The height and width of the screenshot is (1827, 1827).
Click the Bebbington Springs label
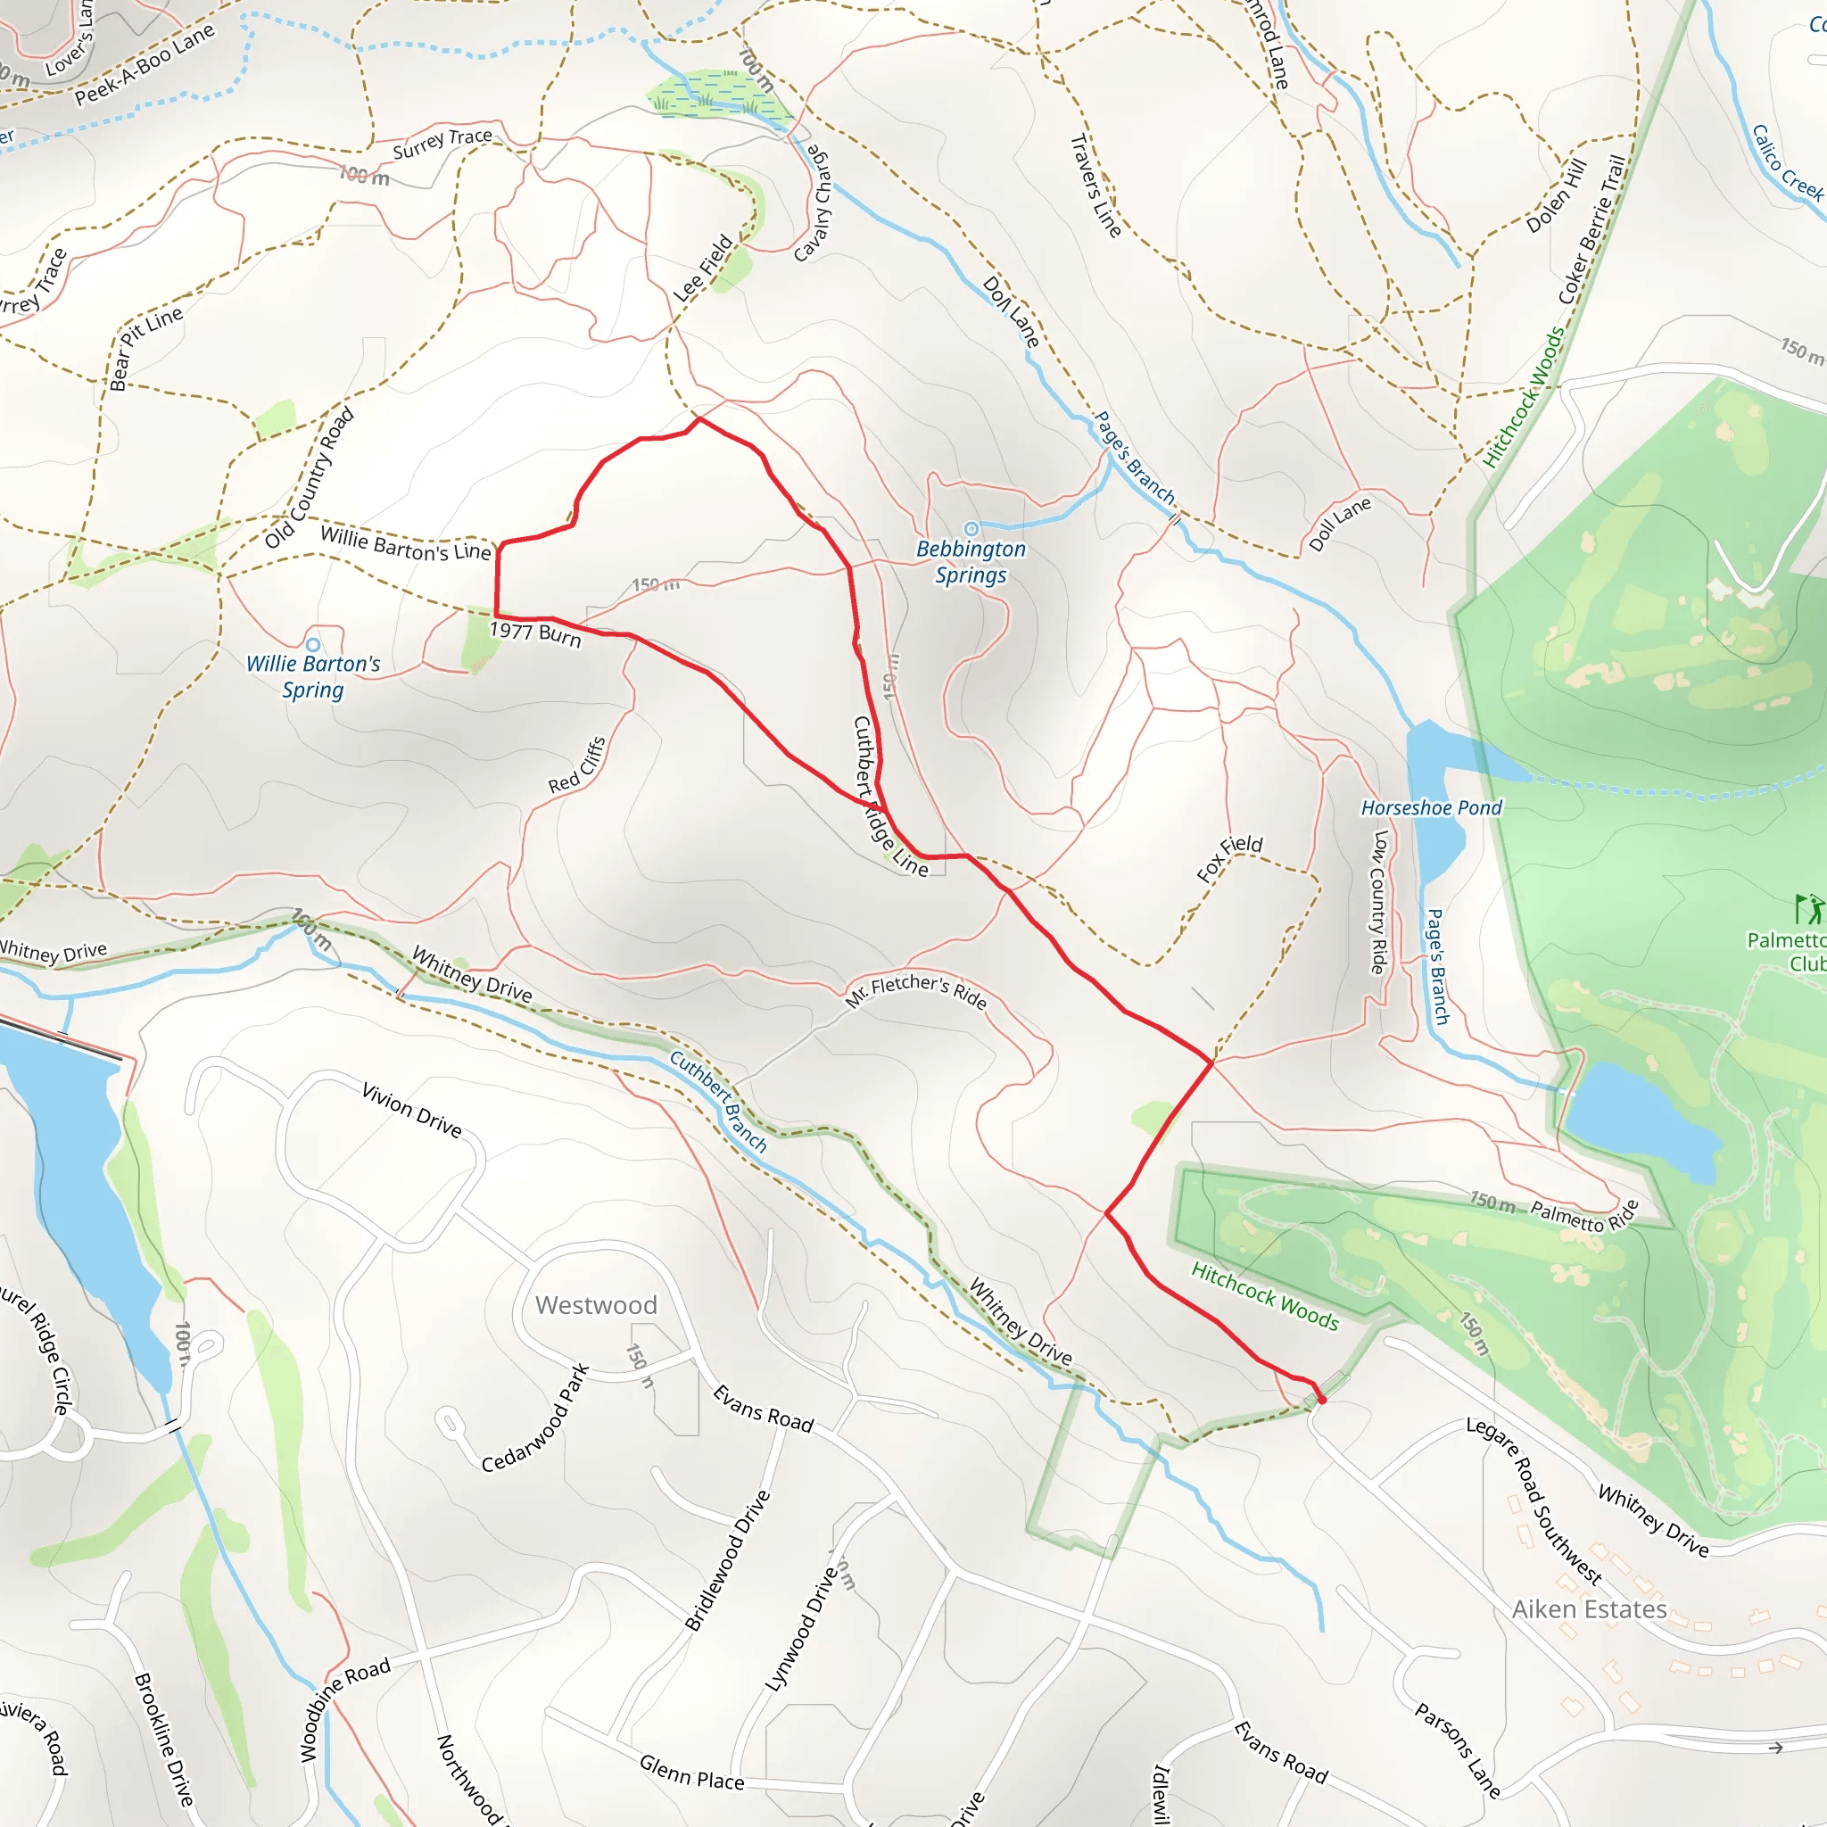coord(971,562)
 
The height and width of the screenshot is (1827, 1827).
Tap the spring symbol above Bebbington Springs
coord(971,529)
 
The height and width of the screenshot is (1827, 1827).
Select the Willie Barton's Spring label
coord(313,676)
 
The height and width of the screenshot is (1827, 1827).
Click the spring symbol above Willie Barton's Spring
coord(313,645)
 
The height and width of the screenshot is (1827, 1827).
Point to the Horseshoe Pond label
coord(1431,807)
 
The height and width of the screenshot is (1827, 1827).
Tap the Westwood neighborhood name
coord(596,1305)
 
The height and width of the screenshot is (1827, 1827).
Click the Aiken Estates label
coord(1589,1608)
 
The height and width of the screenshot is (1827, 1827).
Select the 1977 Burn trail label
coord(535,632)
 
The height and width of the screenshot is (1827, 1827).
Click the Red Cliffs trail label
coord(577,765)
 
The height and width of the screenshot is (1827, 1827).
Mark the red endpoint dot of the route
coord(1321,1400)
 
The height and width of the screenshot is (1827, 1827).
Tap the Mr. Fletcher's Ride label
coord(915,990)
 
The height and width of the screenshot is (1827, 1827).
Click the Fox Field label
coord(1228,857)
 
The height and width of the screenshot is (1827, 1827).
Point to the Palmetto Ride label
coord(1583,1215)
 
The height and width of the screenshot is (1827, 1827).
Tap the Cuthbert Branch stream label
coord(719,1101)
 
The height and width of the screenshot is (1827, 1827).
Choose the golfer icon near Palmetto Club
coord(1808,909)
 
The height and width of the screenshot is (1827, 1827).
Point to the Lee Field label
coord(703,269)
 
